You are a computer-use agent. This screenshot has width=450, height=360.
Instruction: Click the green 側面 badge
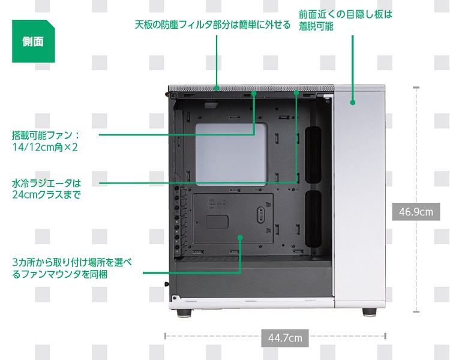tap(33, 41)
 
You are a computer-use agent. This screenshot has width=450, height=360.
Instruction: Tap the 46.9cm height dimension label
tap(416, 212)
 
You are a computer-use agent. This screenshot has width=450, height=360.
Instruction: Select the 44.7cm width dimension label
tap(285, 338)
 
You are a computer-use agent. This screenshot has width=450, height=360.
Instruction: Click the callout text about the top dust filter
tap(212, 25)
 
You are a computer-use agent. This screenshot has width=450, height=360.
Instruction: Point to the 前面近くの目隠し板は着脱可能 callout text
tap(345, 20)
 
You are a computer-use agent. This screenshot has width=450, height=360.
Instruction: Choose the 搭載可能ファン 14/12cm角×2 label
tap(46, 141)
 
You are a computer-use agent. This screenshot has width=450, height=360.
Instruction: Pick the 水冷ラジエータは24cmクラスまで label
tap(46, 189)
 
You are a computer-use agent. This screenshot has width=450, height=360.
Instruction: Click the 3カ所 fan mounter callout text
tap(72, 268)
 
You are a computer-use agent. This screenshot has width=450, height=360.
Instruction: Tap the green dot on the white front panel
tap(353, 102)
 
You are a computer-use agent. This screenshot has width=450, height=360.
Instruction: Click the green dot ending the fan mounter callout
tap(240, 238)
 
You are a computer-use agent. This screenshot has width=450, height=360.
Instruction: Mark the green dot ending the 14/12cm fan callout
tap(254, 93)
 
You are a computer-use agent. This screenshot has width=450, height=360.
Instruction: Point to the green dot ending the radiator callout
tap(296, 92)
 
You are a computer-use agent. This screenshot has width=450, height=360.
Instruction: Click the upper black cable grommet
tap(313, 155)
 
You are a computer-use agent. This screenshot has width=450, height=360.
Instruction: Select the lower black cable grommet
tap(313, 219)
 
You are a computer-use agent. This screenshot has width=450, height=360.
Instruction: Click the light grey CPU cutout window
tap(232, 154)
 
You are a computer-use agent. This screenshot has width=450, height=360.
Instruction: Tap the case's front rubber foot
tap(370, 312)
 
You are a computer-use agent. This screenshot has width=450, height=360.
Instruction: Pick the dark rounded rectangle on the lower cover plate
tap(217, 222)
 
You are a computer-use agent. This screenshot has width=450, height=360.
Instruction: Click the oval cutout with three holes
tap(260, 214)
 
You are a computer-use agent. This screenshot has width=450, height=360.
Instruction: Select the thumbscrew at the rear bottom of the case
tap(167, 284)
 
